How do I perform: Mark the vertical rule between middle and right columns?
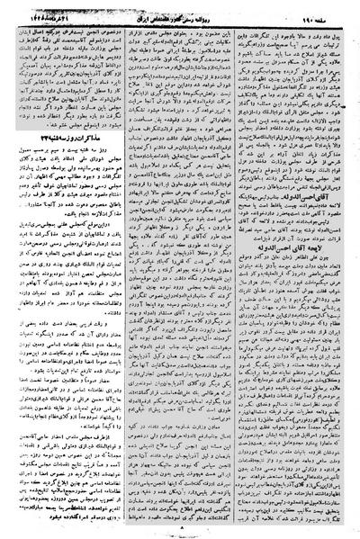pyautogui.click(x=237, y=270)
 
